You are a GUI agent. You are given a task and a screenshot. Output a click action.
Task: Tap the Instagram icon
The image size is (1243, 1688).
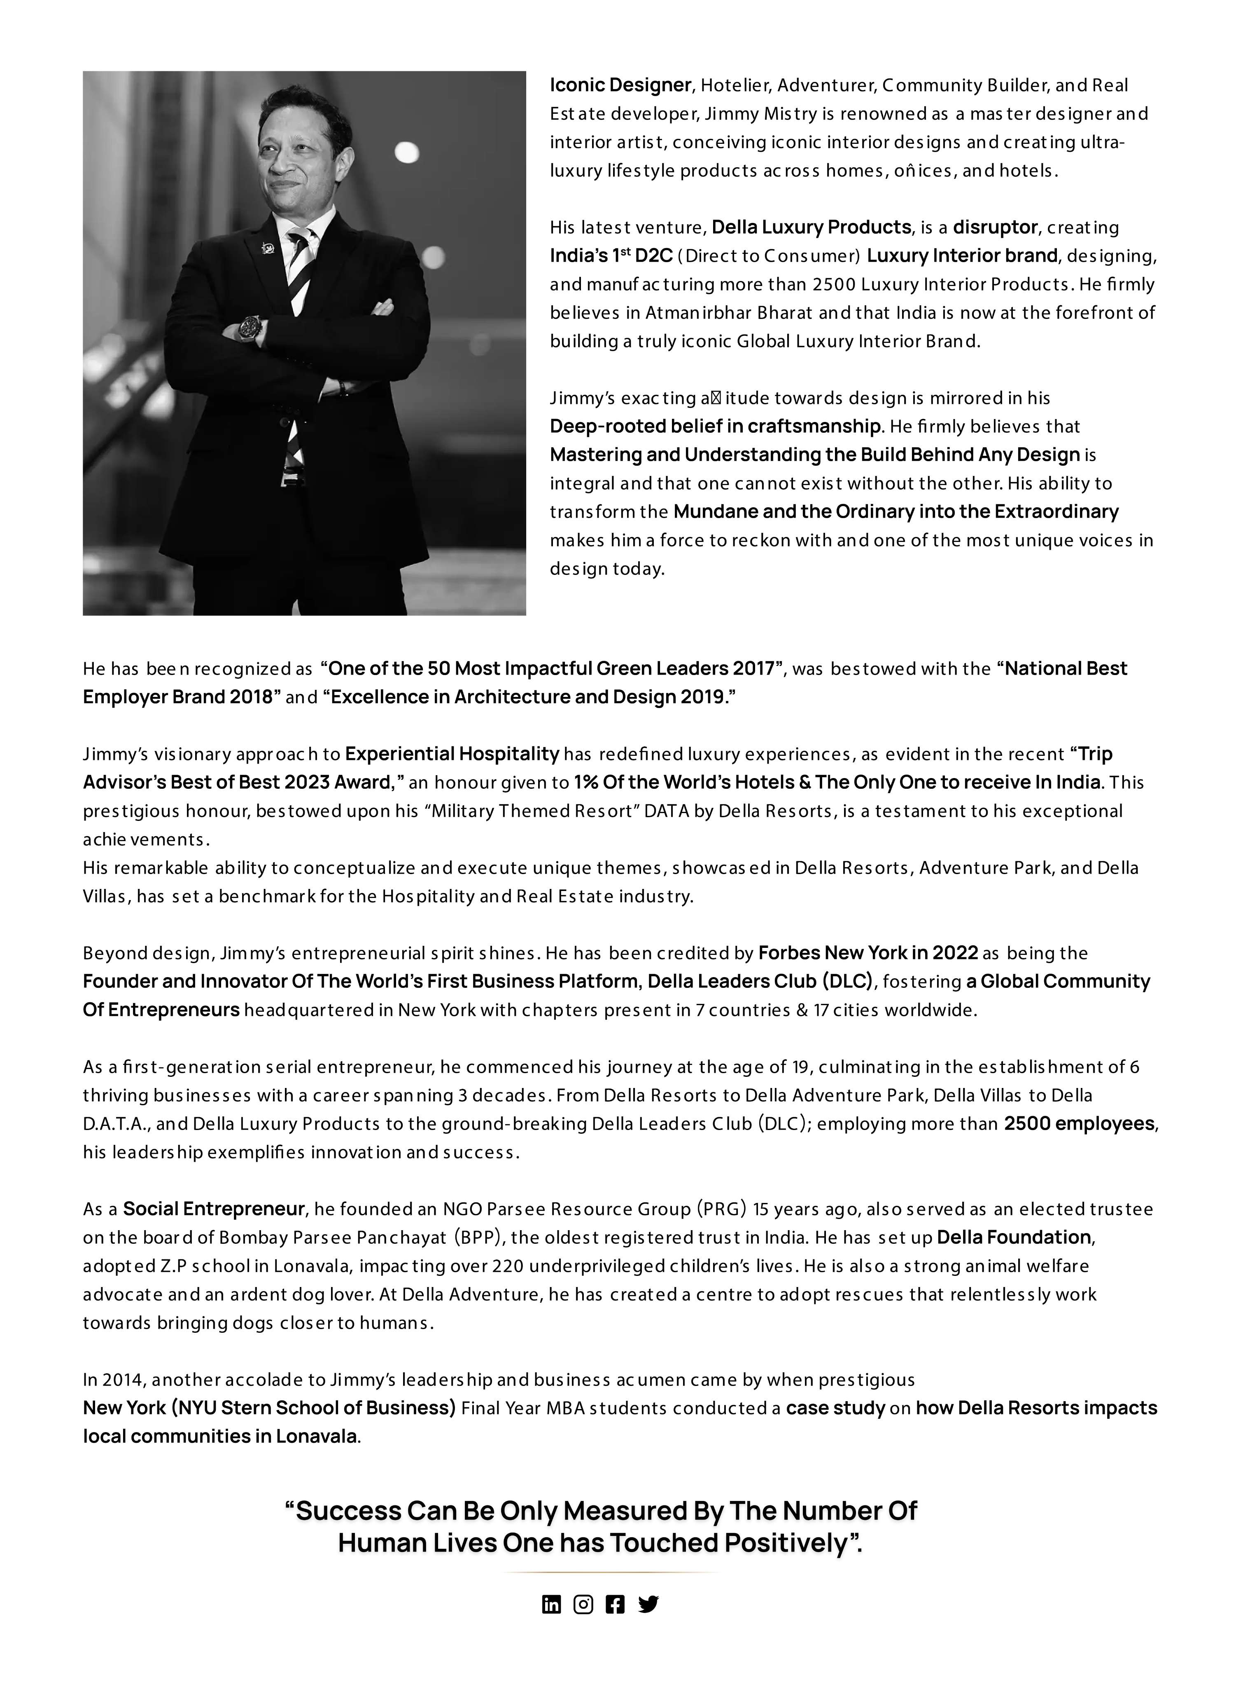coord(583,1604)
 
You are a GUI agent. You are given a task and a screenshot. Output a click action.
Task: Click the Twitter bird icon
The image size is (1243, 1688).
coord(648,1604)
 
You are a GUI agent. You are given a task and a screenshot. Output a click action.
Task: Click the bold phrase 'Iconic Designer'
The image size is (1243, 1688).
coord(620,85)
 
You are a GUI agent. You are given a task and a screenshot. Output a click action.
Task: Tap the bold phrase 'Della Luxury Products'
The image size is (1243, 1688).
coord(811,227)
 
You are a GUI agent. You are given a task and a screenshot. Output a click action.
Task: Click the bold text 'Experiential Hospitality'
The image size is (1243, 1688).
coord(452,754)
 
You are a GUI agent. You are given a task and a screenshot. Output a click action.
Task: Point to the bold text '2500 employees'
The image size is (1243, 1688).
coord(1080,1123)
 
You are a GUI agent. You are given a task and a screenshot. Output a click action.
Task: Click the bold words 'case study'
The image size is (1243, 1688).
coord(835,1408)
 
